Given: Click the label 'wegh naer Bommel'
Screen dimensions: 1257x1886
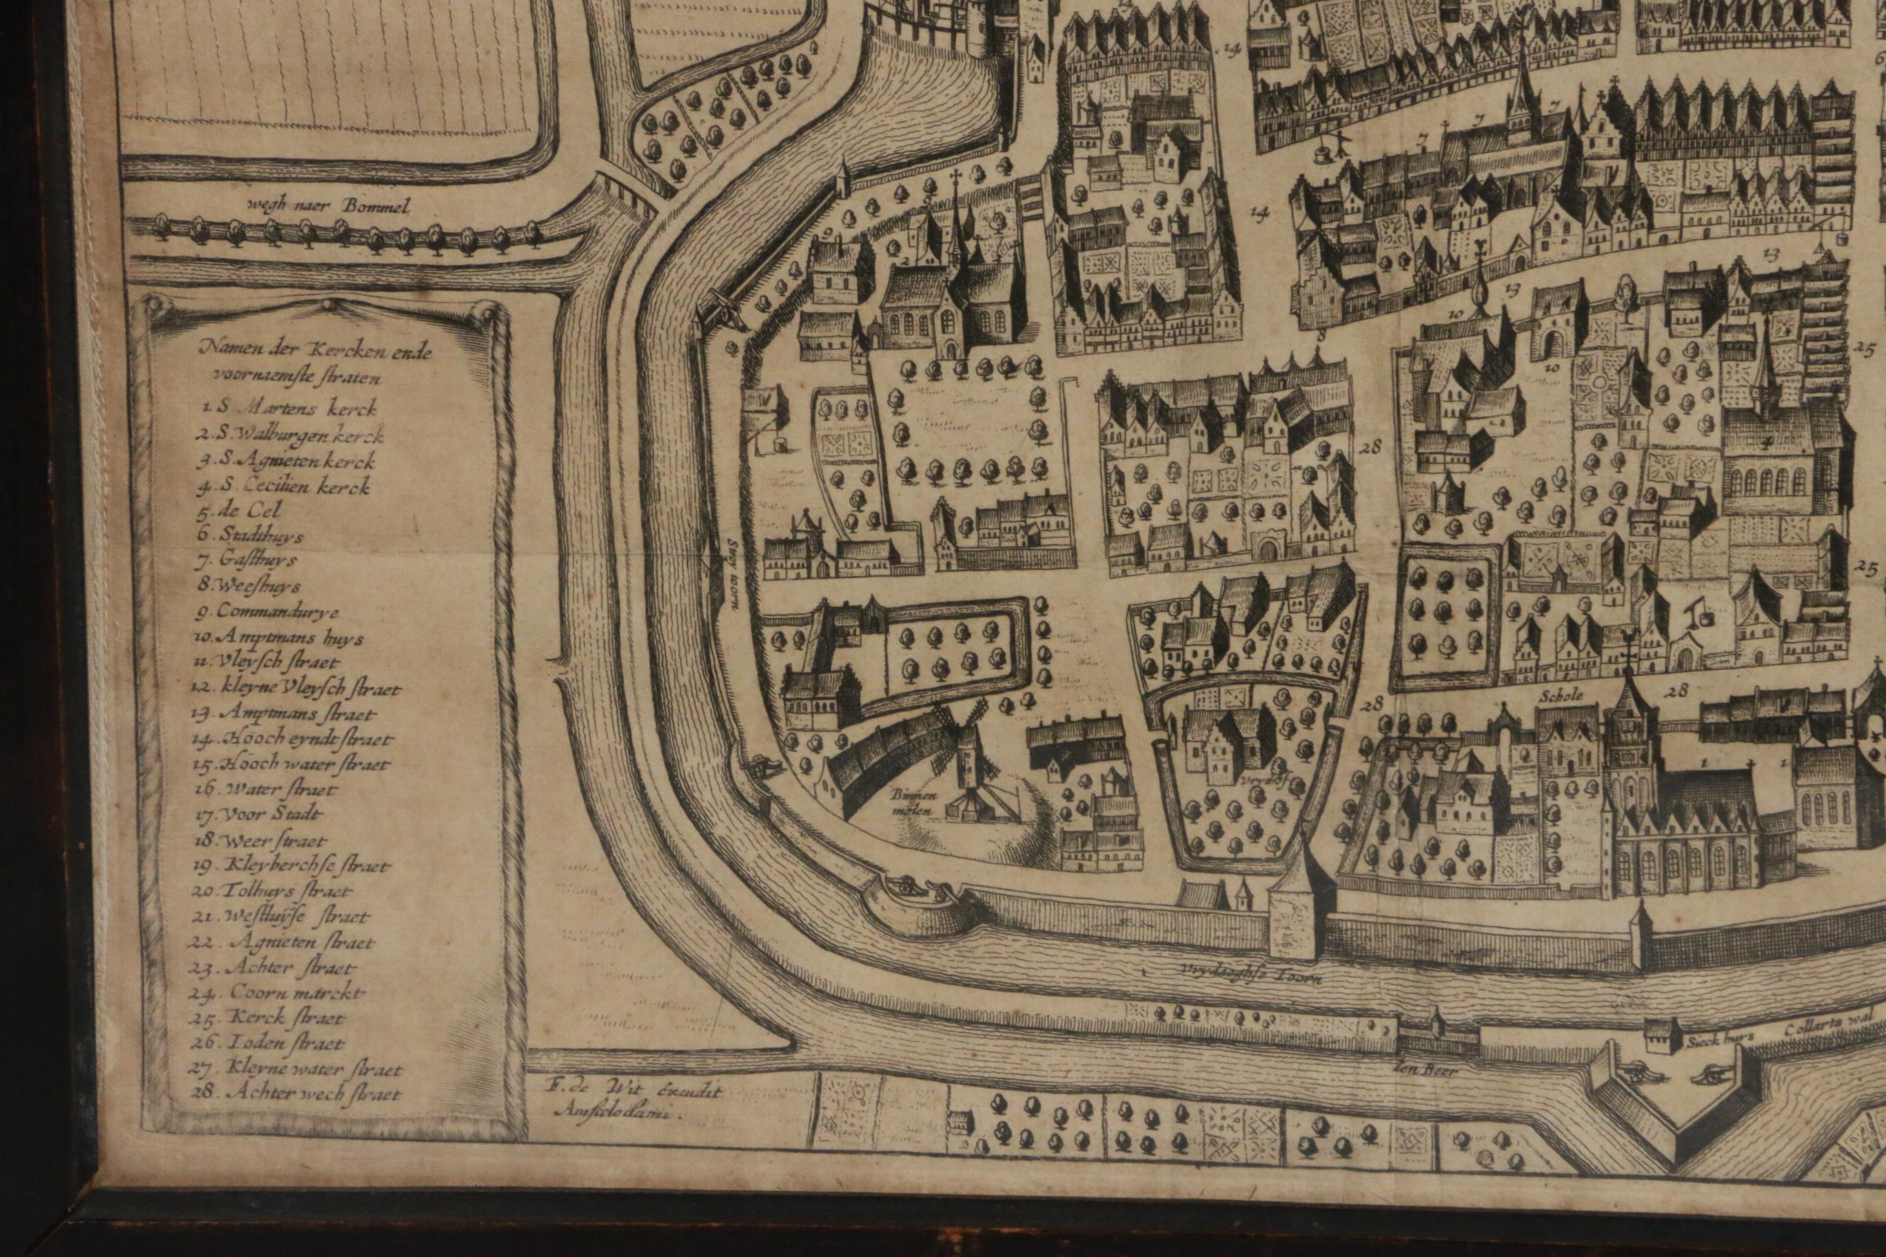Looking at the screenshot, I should coord(329,206).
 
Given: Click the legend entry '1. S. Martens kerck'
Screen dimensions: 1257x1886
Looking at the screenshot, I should coord(290,407).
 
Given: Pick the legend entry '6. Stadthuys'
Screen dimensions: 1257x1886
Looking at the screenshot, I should coord(250,535).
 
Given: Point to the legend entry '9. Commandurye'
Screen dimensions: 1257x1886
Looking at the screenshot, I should coord(267,612).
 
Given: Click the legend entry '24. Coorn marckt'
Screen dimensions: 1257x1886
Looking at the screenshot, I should coord(277,992).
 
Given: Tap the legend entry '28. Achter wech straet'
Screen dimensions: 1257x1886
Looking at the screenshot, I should coord(296,1094).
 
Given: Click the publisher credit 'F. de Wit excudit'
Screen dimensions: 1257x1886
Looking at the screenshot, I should coord(633,1090).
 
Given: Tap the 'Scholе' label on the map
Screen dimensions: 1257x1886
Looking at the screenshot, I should coord(1561,696).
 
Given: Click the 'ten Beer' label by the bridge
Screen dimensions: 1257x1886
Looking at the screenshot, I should coord(1434,1070).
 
